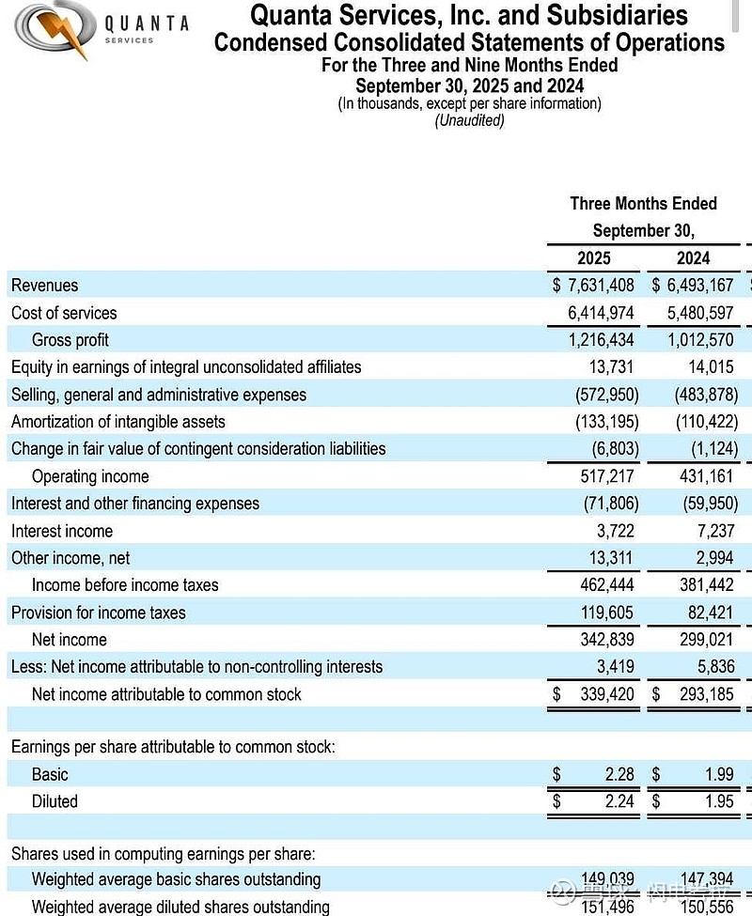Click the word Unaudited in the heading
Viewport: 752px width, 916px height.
469,120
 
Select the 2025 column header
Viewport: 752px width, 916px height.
593,258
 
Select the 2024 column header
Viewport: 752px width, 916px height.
693,258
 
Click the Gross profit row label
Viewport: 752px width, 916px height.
70,340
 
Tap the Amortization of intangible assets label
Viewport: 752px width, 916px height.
118,422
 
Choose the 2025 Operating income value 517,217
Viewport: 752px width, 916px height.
607,476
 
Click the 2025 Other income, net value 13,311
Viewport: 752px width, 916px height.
612,558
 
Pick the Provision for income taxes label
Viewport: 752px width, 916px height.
99,613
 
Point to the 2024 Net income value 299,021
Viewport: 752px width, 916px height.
706,640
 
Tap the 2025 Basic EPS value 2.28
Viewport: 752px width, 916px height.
619,775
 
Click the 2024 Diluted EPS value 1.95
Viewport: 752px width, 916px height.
719,802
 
